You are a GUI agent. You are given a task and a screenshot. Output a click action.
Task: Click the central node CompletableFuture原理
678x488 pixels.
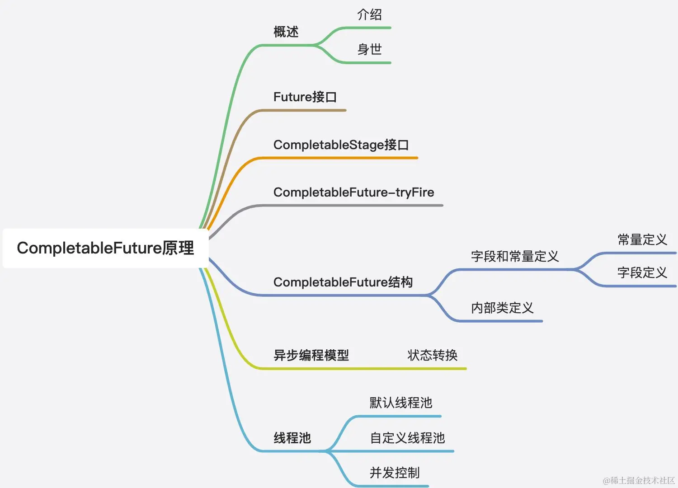pos(105,248)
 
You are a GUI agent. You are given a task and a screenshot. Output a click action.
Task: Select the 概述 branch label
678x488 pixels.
pos(286,32)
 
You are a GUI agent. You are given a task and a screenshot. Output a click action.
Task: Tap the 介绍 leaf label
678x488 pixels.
pos(369,15)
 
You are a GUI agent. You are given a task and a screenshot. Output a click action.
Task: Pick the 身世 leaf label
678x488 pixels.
pos(369,49)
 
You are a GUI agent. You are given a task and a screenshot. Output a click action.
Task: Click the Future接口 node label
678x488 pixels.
pos(305,97)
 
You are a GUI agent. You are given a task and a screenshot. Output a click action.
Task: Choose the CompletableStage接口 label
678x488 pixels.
pos(341,145)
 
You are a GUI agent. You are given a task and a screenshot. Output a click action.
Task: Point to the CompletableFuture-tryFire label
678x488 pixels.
pos(353,192)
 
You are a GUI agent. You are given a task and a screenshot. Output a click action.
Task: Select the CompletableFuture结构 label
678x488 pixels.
pos(343,282)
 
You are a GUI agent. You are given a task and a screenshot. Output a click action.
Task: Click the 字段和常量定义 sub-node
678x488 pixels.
pos(514,257)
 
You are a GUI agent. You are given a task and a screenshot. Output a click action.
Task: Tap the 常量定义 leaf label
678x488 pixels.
pos(642,240)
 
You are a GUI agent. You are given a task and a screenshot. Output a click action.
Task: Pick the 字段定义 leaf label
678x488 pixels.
pos(642,273)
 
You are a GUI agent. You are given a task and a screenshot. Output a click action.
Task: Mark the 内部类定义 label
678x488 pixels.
pos(502,308)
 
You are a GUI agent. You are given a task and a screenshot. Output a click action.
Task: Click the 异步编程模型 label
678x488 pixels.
pos(311,356)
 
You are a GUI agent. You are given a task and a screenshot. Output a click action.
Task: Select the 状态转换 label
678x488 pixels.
pos(432,356)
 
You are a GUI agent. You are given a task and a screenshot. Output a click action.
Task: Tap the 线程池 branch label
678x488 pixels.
pos(292,438)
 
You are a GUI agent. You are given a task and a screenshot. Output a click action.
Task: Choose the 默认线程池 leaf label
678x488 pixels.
pos(400,403)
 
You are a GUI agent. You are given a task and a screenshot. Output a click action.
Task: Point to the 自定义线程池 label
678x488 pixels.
pos(407,438)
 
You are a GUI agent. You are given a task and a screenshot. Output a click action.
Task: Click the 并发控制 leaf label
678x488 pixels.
pos(394,473)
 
